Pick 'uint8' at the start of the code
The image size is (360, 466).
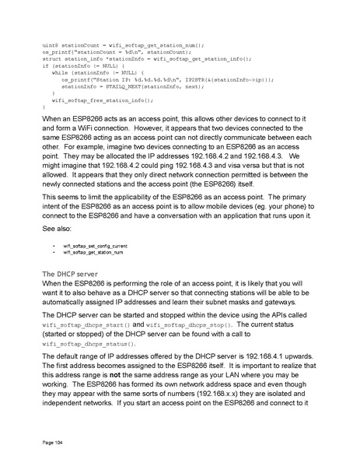51,44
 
